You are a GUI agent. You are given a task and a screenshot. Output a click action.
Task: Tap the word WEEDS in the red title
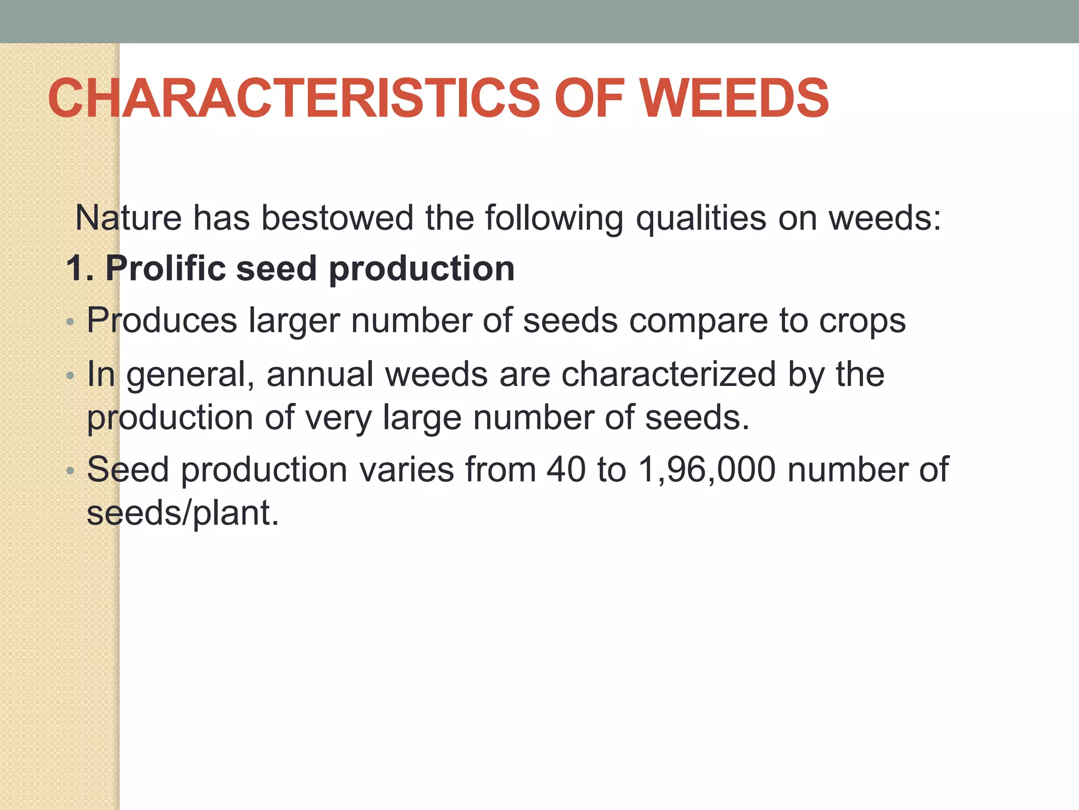coord(734,98)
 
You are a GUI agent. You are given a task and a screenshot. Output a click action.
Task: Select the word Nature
coord(129,218)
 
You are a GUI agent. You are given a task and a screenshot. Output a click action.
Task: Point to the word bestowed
coord(337,218)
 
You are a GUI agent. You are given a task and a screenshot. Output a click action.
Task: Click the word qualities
coord(701,218)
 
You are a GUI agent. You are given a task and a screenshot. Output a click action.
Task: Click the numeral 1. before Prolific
coord(79,268)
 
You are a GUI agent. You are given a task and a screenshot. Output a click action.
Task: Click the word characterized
coord(669,374)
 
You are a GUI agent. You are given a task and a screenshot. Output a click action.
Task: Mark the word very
coord(338,418)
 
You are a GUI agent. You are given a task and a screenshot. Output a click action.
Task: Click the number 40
coord(566,469)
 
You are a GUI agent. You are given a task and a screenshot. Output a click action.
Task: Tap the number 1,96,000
coord(707,469)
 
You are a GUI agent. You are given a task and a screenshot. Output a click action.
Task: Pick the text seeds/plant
coord(182,513)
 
